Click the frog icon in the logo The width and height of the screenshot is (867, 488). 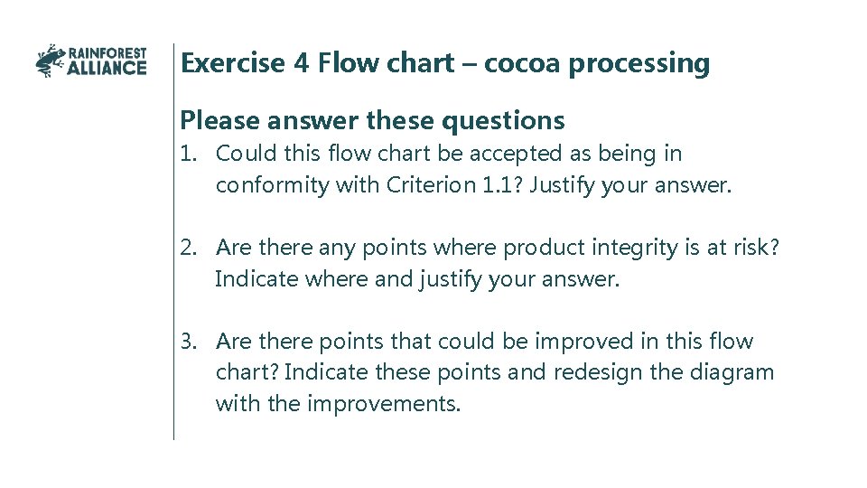[x=50, y=61]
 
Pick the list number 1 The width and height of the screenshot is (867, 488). [x=187, y=155]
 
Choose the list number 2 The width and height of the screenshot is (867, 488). [x=187, y=249]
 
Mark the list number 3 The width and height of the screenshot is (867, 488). [x=187, y=342]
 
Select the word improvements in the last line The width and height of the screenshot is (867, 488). [x=384, y=403]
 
